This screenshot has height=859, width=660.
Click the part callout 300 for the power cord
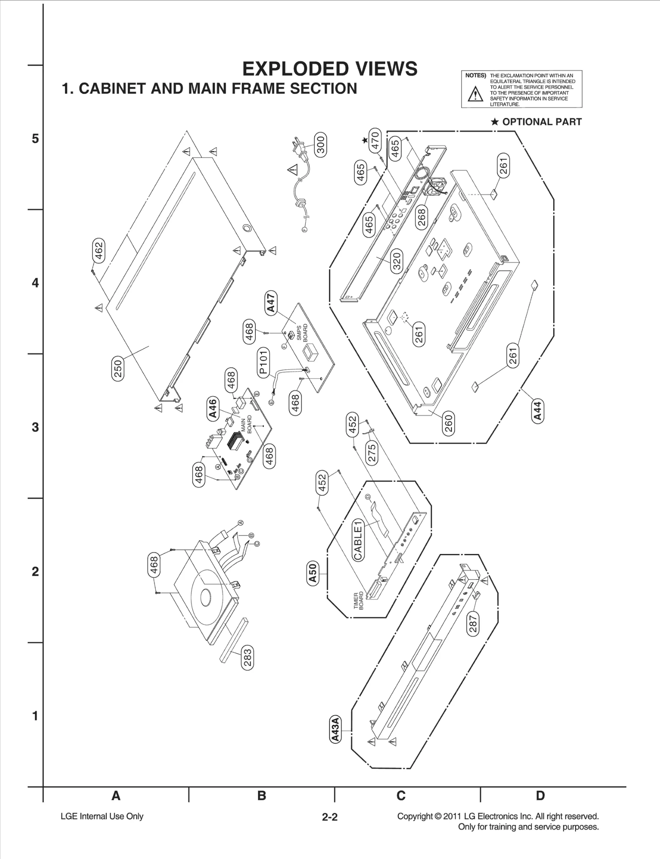[x=321, y=144]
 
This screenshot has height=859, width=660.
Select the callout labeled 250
[x=118, y=369]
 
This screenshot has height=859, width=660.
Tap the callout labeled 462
[x=99, y=250]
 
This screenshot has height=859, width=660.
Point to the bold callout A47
[x=271, y=303]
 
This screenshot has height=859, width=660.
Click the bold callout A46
[x=212, y=408]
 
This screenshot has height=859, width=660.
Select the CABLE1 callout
[x=358, y=540]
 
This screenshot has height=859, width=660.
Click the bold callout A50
[x=313, y=573]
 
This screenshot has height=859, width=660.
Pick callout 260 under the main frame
[x=448, y=423]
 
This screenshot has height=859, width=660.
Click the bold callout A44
[x=537, y=411]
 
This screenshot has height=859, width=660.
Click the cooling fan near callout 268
[x=436, y=188]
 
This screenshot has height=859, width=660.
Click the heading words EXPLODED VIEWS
[x=330, y=69]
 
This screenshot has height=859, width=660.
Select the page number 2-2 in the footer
[x=330, y=817]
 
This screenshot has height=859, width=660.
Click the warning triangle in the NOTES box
[x=476, y=94]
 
